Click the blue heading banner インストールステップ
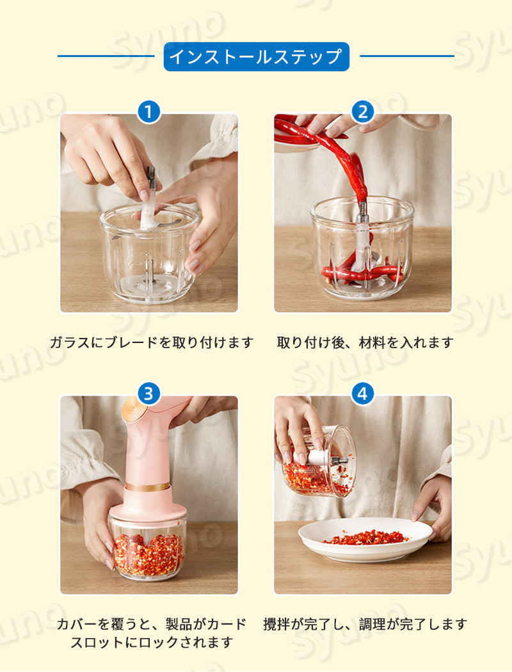256,56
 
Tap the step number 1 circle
148,112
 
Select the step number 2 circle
362,112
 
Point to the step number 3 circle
148,394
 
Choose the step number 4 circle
362,394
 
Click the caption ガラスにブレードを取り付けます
152,342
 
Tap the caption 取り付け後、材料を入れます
365,342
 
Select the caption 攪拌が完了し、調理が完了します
365,624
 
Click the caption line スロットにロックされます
152,643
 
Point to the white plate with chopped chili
366,539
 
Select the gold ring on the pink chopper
147,487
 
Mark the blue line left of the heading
106,56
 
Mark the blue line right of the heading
407,56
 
